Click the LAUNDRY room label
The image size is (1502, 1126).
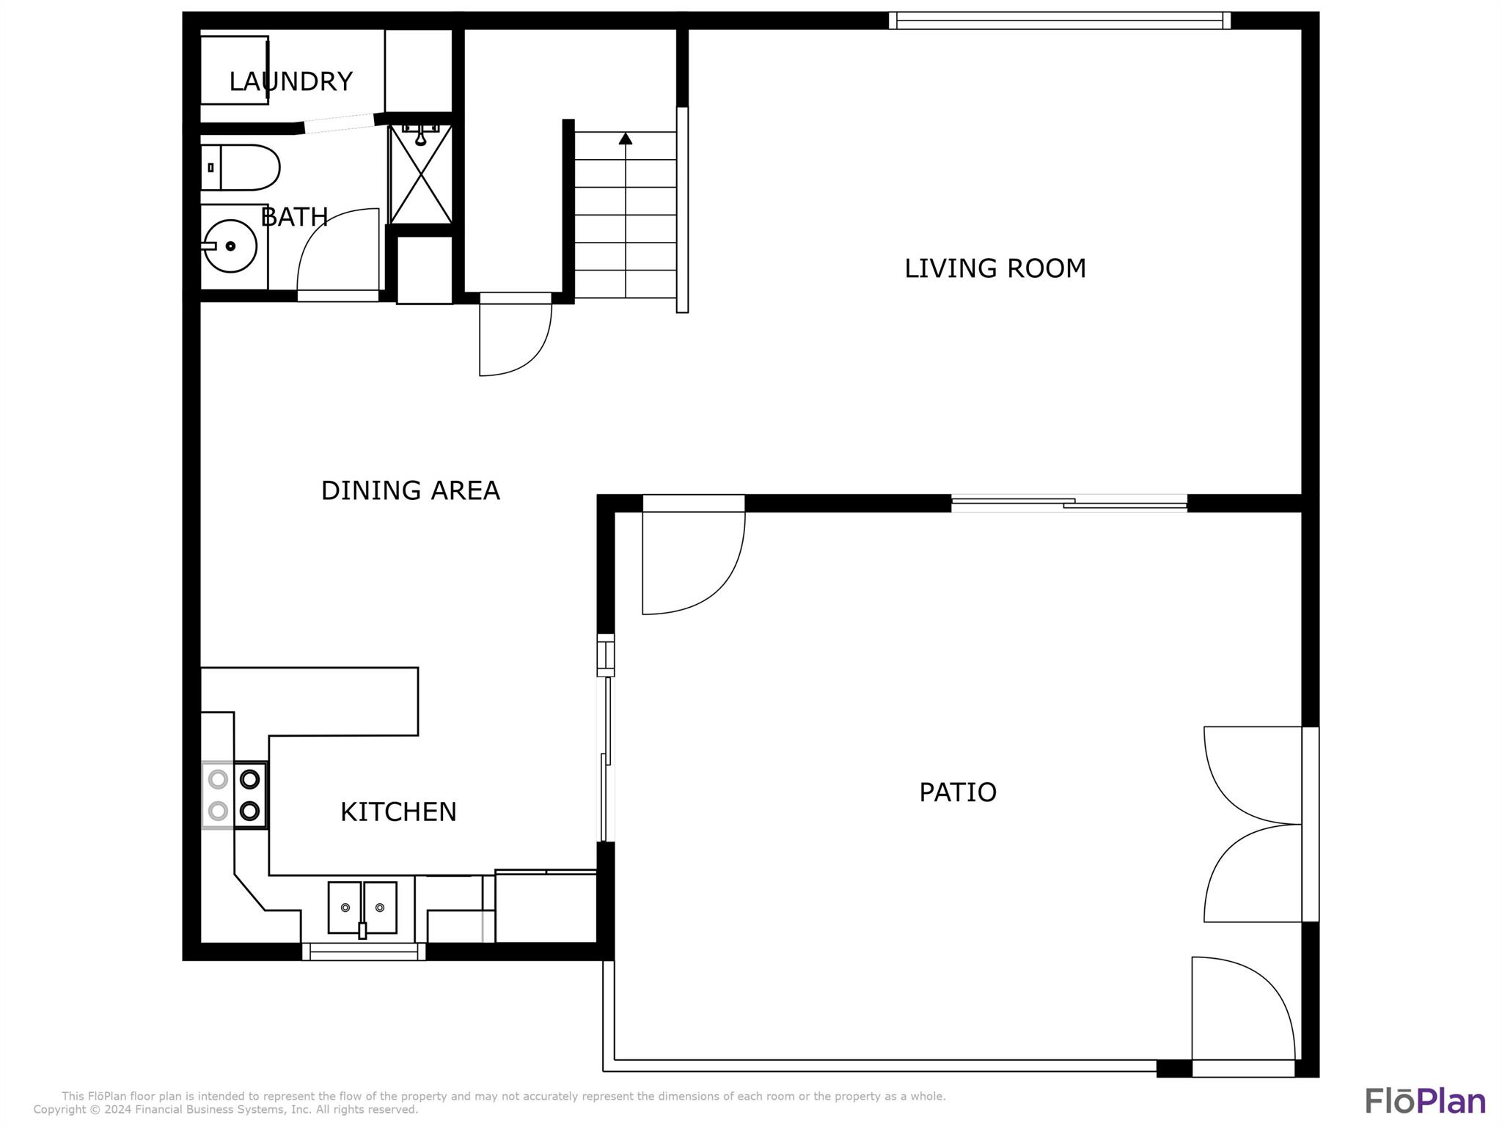(290, 81)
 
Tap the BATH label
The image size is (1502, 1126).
(294, 217)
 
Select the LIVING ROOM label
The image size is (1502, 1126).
(994, 268)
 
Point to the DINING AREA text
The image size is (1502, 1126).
(410, 490)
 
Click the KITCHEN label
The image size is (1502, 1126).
(398, 812)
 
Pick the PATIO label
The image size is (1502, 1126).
(958, 792)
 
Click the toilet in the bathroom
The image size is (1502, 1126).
(240, 167)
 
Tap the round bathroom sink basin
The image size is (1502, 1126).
(230, 246)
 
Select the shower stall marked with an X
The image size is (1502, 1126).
(420, 174)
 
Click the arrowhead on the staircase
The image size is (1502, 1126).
(625, 138)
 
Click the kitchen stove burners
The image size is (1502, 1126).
(235, 795)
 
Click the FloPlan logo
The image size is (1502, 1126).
(1425, 1100)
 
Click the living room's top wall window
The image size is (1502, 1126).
(1060, 21)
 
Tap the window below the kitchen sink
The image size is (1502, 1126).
(364, 952)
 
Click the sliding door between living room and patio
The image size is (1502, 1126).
(1069, 503)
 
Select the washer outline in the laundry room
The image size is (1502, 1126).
(234, 70)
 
